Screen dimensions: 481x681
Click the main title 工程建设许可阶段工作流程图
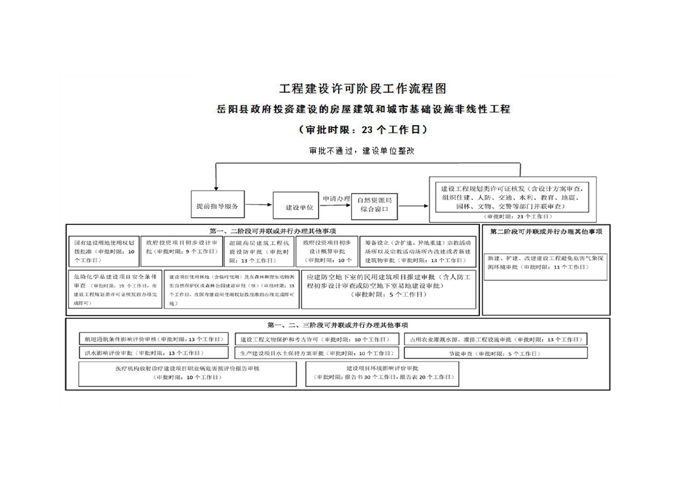pos(362,89)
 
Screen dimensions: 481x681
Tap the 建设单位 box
pos(295,207)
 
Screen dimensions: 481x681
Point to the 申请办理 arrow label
pos(336,198)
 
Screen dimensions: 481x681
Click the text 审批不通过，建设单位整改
pos(361,151)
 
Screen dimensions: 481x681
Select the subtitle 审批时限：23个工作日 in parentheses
pos(362,130)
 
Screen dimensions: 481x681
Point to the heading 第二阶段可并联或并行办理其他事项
pos(546,232)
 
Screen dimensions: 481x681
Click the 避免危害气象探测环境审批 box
pos(546,262)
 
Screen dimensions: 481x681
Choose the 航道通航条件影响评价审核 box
pos(154,339)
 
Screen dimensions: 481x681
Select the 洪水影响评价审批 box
pos(154,352)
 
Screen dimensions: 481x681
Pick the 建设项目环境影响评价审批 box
pos(382,373)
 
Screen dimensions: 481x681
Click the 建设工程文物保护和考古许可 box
pos(316,339)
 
